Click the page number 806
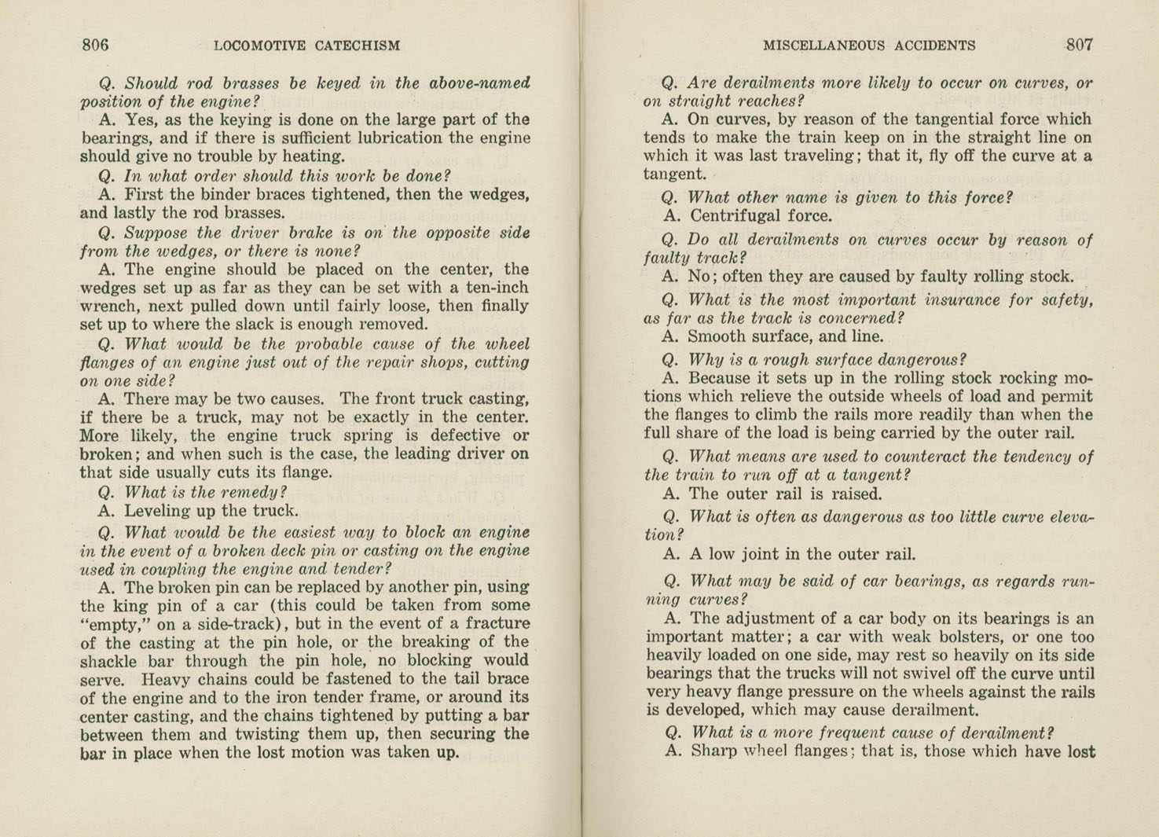click(95, 46)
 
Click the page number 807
click(1079, 45)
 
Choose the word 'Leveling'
click(158, 511)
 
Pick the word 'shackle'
click(109, 661)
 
